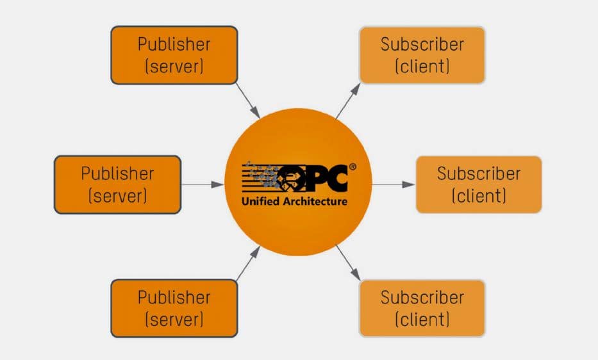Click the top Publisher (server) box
174,55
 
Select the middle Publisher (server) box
118,184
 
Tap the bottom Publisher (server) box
174,308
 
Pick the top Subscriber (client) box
422,55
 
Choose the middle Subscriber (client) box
479,184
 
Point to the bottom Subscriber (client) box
422,308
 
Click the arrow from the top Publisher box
249,101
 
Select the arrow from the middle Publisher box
203,184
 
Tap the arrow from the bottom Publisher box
249,263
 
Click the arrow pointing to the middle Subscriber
393,184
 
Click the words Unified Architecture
294,201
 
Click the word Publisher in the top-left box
174,44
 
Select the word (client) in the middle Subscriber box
479,195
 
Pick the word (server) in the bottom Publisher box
174,319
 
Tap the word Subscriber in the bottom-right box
422,297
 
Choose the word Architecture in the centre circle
315,201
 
